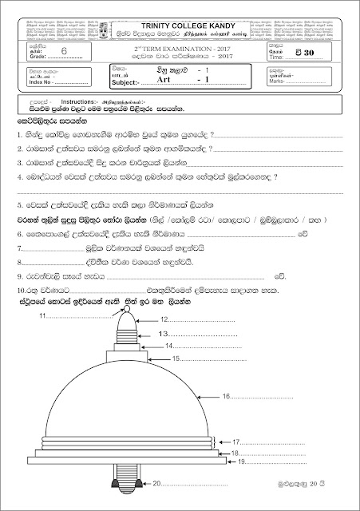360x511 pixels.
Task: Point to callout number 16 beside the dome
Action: (226, 396)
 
